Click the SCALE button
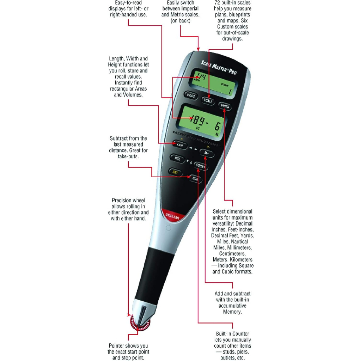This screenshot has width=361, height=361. pos(208,100)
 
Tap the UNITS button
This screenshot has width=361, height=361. pos(225,106)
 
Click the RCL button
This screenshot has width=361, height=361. pos(178,158)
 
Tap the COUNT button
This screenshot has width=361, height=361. pos(200,166)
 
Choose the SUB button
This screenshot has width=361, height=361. pos(195,179)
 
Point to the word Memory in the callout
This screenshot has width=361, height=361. pos(232,312)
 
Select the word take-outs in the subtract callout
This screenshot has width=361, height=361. pos(128,157)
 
